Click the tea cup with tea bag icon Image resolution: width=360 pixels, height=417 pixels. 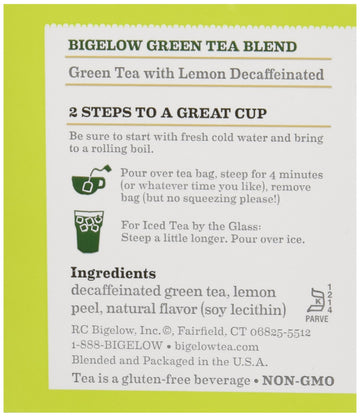pyautogui.click(x=90, y=181)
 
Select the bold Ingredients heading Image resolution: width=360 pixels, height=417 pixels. pyautogui.click(x=113, y=273)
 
